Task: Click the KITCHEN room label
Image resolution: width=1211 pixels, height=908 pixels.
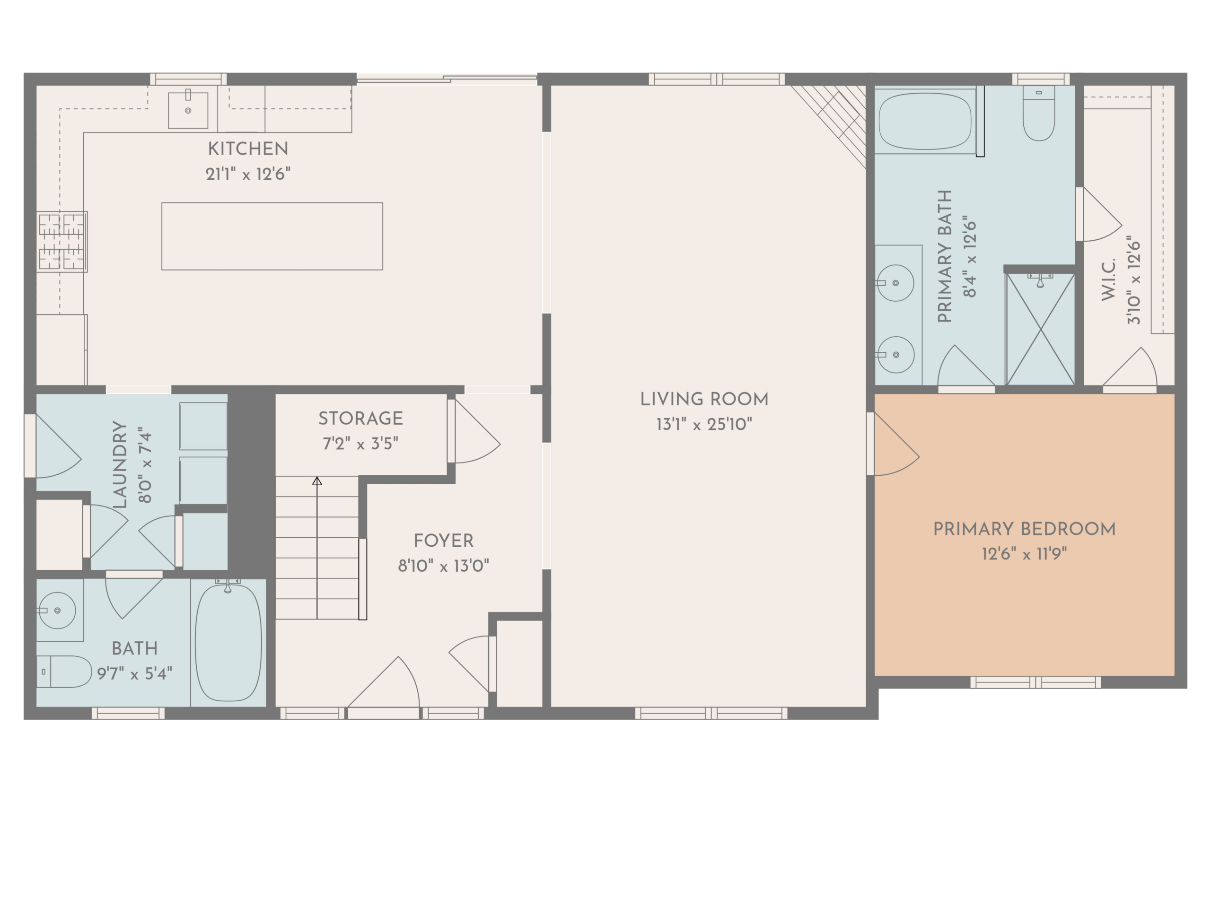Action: pos(247,149)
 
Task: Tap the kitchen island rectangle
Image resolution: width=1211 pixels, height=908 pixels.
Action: pos(272,236)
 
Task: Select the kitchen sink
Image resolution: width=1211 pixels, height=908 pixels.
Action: pos(188,109)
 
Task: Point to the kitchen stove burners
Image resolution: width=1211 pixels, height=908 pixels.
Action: pos(62,241)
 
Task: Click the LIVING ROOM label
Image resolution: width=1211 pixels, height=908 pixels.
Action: pos(704,400)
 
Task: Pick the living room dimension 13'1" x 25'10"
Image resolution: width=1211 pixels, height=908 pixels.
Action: pos(704,424)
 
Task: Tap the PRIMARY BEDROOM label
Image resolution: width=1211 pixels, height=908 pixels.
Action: pos(1024,529)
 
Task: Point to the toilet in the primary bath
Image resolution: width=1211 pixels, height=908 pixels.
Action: pos(1038,113)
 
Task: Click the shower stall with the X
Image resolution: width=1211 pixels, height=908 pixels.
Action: pos(1041,329)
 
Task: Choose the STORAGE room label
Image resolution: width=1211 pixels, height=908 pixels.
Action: pos(360,419)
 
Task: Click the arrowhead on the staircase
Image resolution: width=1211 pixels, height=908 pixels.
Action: pos(317,481)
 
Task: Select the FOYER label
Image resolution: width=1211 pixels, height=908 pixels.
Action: pos(443,541)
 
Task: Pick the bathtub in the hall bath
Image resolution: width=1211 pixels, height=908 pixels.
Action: pos(228,643)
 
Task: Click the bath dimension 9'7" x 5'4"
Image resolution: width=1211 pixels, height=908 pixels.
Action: pos(135,673)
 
